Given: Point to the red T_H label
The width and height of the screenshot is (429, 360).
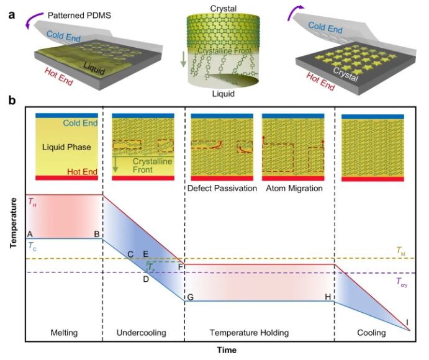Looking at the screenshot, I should (x=32, y=202).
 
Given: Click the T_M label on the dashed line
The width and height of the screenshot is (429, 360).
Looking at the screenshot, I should (x=400, y=251).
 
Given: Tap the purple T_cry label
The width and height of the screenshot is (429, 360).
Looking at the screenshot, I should (x=402, y=281).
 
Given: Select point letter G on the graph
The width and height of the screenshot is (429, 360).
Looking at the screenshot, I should (x=190, y=297).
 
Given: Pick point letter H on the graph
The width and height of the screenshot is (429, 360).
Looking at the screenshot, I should (x=327, y=297).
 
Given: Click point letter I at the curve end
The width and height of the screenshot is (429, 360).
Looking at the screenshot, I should (x=407, y=322).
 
